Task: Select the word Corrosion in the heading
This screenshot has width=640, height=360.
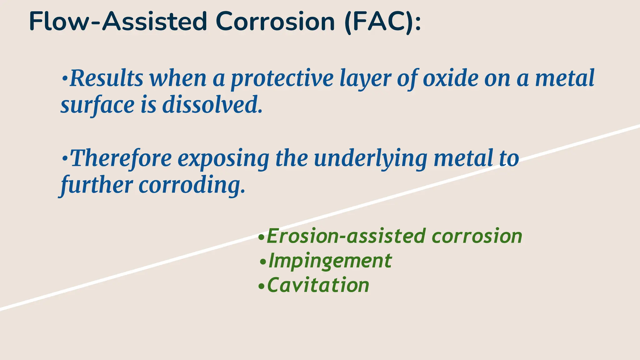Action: click(x=275, y=22)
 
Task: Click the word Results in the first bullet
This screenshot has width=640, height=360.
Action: click(x=106, y=78)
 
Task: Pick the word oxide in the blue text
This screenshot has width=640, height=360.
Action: click(x=450, y=78)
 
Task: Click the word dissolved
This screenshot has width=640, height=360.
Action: click(x=212, y=105)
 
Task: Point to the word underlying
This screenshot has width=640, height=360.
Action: click(x=370, y=159)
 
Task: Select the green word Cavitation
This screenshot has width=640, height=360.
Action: click(x=318, y=285)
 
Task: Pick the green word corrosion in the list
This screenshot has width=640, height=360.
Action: click(x=477, y=236)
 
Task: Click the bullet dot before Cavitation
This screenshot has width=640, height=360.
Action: click(x=261, y=286)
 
